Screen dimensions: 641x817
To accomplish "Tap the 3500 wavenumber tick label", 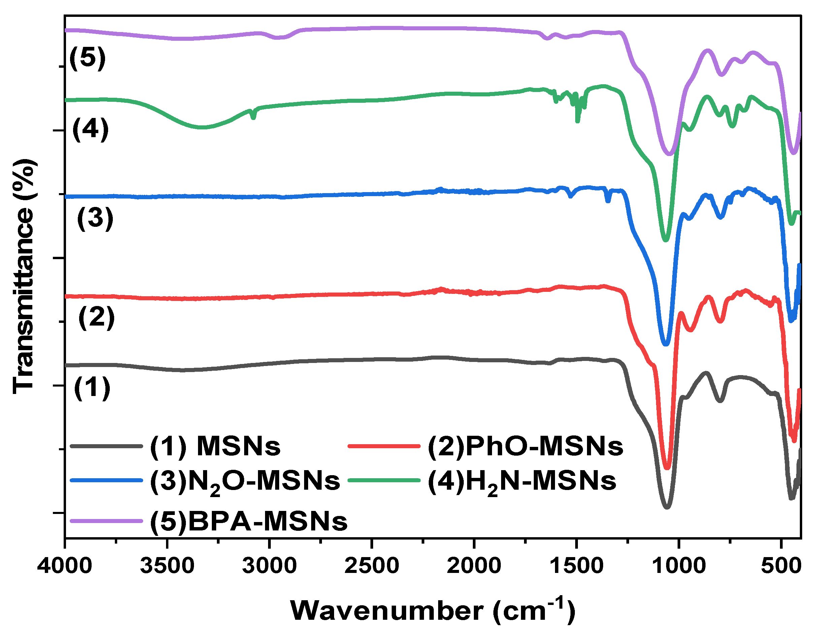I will click(167, 566).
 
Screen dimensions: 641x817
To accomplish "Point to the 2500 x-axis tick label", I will click(372, 566).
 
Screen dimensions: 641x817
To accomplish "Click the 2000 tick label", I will click(474, 566).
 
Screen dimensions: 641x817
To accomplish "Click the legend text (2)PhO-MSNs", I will click(525, 447).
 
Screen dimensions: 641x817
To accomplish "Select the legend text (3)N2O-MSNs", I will click(245, 482).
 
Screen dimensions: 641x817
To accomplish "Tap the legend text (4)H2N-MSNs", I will click(522, 482).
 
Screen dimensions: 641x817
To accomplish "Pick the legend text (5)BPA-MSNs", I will click(249, 521).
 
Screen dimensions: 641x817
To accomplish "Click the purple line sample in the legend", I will click(106, 521).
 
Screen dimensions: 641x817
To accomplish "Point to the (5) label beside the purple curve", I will click(87, 58).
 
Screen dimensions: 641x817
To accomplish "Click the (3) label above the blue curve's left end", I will click(95, 218).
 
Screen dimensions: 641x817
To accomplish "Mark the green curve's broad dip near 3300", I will click(202, 128).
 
